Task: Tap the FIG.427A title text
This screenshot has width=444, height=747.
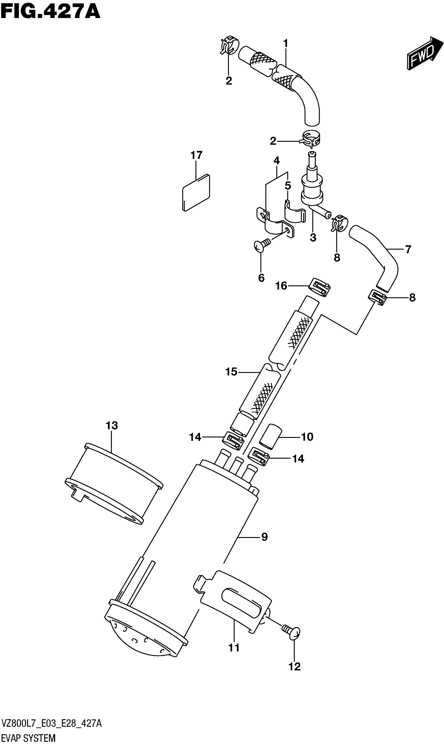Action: coord(50,12)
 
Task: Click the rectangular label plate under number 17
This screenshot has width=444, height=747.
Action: coord(196,193)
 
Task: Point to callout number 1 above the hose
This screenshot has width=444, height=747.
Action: coord(286,44)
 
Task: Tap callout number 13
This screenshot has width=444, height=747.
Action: coord(112,425)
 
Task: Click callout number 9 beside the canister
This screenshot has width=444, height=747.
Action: coord(265,545)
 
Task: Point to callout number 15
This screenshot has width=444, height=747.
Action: coord(231,372)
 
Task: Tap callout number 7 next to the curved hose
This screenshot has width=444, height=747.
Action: coord(408,249)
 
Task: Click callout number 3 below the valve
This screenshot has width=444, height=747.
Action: coord(313,238)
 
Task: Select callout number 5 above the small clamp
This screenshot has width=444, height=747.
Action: coord(288,186)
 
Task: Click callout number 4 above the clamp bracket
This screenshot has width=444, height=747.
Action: coord(276,161)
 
